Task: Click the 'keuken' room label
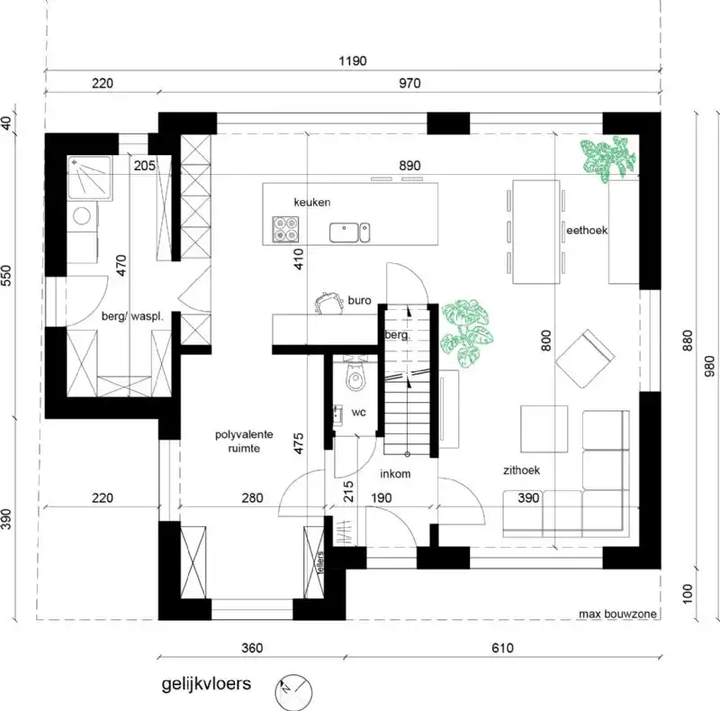[x=311, y=203]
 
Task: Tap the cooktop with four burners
[x=285, y=232]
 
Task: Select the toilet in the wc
[x=356, y=378]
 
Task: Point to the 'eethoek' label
[x=587, y=231]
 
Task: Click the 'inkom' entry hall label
[x=395, y=472]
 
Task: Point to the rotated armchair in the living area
[x=583, y=358]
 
